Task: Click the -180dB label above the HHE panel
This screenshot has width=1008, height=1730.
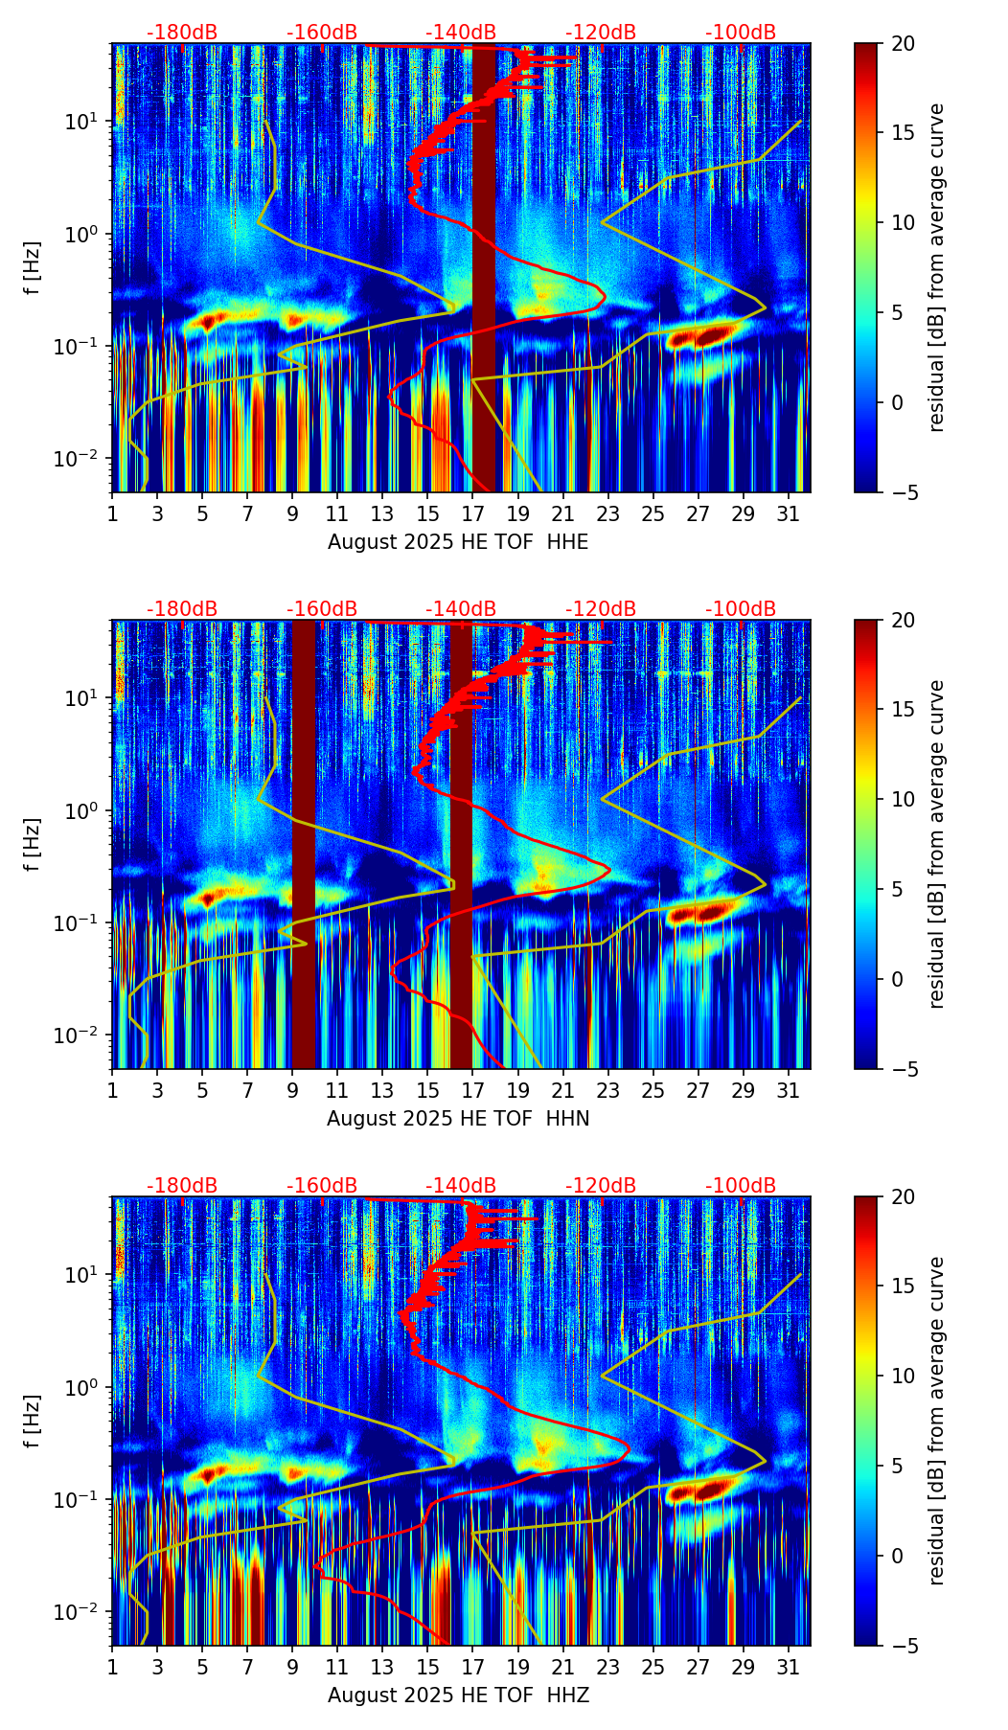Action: pos(182,33)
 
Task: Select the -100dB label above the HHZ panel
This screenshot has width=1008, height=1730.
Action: pos(741,1186)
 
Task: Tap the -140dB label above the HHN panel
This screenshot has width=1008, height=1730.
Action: pos(461,609)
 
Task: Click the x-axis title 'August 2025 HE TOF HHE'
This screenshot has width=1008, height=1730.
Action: pos(458,542)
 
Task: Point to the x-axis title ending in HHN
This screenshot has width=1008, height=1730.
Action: pos(458,1119)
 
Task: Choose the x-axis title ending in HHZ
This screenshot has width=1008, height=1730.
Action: pos(458,1696)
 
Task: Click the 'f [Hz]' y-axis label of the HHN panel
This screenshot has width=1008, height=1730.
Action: pos(34,844)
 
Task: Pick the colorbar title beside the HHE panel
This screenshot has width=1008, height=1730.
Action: pos(936,267)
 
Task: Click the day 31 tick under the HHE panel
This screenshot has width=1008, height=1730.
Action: pos(789,513)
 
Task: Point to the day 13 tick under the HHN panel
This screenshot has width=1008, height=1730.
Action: pos(382,1090)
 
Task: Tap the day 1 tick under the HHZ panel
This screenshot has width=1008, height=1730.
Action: pos(112,1667)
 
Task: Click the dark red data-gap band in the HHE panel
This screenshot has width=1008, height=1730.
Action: pos(484,268)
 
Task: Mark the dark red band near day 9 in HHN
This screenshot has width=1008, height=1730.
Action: pos(304,843)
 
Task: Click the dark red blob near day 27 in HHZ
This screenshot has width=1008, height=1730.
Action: pos(709,1491)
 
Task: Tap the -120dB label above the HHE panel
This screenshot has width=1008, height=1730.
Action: pos(601,33)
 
